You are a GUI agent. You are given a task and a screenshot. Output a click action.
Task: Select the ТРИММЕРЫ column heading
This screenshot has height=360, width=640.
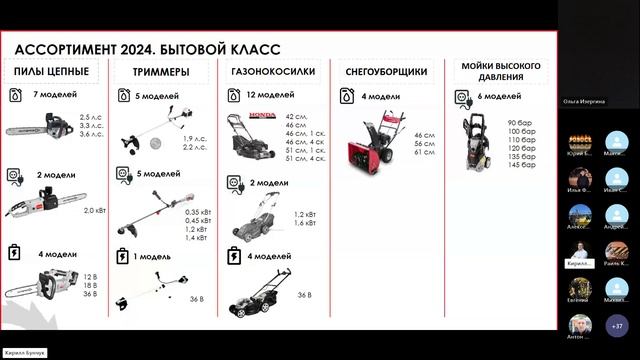(x=159, y=72)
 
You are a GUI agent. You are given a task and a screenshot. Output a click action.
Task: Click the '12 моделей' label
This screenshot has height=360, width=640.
(x=271, y=94)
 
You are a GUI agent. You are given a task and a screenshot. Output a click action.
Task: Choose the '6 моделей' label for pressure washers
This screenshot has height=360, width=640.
(x=499, y=96)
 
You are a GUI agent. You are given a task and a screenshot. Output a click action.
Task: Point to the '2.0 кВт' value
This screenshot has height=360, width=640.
(x=94, y=210)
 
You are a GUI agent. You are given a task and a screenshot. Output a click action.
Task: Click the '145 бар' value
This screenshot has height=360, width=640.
(x=521, y=164)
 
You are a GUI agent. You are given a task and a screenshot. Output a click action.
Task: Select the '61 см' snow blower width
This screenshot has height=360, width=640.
(x=424, y=152)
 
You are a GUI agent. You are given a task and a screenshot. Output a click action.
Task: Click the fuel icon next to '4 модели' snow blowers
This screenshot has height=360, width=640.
(x=346, y=96)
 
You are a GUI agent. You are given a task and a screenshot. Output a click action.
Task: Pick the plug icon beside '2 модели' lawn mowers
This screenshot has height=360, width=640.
(x=235, y=183)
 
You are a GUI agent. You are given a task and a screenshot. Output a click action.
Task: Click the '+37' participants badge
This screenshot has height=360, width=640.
(x=617, y=325)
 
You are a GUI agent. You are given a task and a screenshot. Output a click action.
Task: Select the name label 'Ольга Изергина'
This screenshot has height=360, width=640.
(x=584, y=102)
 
